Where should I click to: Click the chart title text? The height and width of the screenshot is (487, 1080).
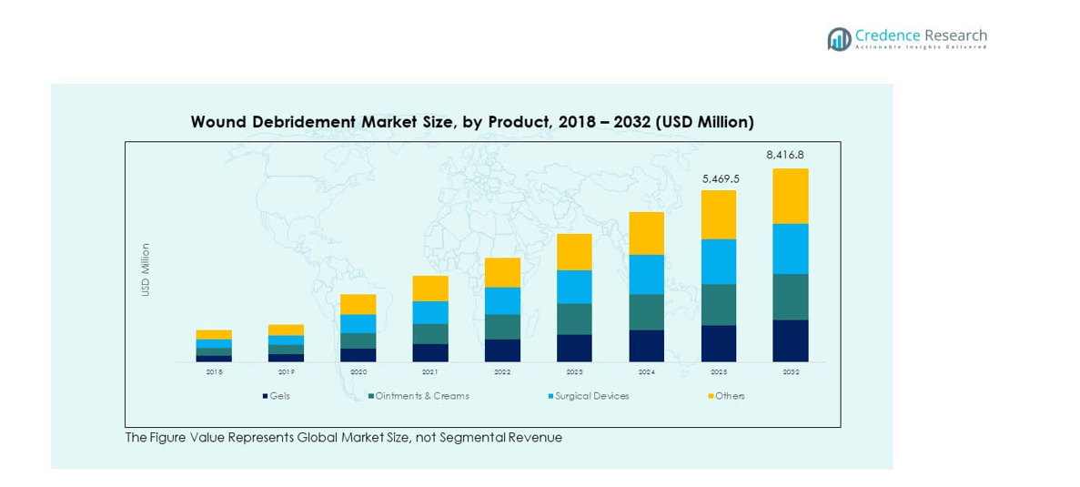pos(472,122)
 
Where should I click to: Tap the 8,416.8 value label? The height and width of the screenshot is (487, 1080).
pos(785,155)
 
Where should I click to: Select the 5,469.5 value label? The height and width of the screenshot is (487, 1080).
pos(721,179)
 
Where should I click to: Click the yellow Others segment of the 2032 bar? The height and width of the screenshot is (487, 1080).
pos(790,196)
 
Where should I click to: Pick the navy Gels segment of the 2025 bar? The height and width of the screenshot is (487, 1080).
pos(719,343)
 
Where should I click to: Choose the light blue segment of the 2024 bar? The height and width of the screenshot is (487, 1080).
pos(646,274)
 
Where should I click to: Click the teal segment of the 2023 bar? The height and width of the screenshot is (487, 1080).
pos(574,319)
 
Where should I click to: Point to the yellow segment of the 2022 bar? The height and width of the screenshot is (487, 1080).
pos(502,272)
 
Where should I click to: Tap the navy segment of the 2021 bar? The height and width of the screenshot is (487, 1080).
pos(430,352)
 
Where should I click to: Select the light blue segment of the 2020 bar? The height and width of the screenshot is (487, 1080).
pos(358,323)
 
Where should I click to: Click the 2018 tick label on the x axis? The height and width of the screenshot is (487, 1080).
pos(214,372)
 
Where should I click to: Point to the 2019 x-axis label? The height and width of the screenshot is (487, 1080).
pos(286,372)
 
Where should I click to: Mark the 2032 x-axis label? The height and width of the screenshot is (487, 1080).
pos(790,372)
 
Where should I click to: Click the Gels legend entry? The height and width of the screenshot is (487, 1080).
pos(277,396)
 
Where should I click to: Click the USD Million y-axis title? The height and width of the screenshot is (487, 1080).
pos(146,269)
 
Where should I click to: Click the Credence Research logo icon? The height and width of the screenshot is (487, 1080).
pos(839,38)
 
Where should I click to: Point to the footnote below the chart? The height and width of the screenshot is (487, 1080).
pos(343,438)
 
